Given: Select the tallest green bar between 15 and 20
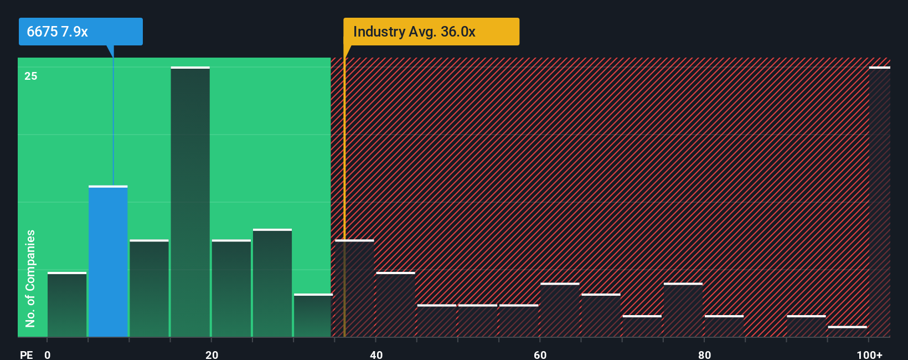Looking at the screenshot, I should [190, 202].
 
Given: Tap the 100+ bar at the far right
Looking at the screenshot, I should [879, 202].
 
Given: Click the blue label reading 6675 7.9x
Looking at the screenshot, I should [80, 32].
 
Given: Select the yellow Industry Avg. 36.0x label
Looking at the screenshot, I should [431, 32].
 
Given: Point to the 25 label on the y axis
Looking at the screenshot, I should [31, 76].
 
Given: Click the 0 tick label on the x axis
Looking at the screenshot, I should [48, 354].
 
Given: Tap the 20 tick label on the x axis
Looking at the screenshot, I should [211, 354].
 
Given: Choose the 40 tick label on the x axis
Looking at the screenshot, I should [376, 354].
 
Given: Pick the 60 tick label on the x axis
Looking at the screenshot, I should [540, 354].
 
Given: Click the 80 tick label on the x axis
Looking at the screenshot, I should [704, 354].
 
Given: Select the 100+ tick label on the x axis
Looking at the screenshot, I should [869, 354].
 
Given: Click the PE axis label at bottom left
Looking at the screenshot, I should [26, 354].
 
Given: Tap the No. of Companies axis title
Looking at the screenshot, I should [30, 278].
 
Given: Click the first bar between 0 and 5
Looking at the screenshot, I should [67, 305].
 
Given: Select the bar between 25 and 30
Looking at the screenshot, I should [272, 283].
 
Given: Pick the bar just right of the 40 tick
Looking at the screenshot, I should [395, 305].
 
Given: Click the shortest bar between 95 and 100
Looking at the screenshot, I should [847, 331].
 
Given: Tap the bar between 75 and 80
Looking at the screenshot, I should [683, 310].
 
